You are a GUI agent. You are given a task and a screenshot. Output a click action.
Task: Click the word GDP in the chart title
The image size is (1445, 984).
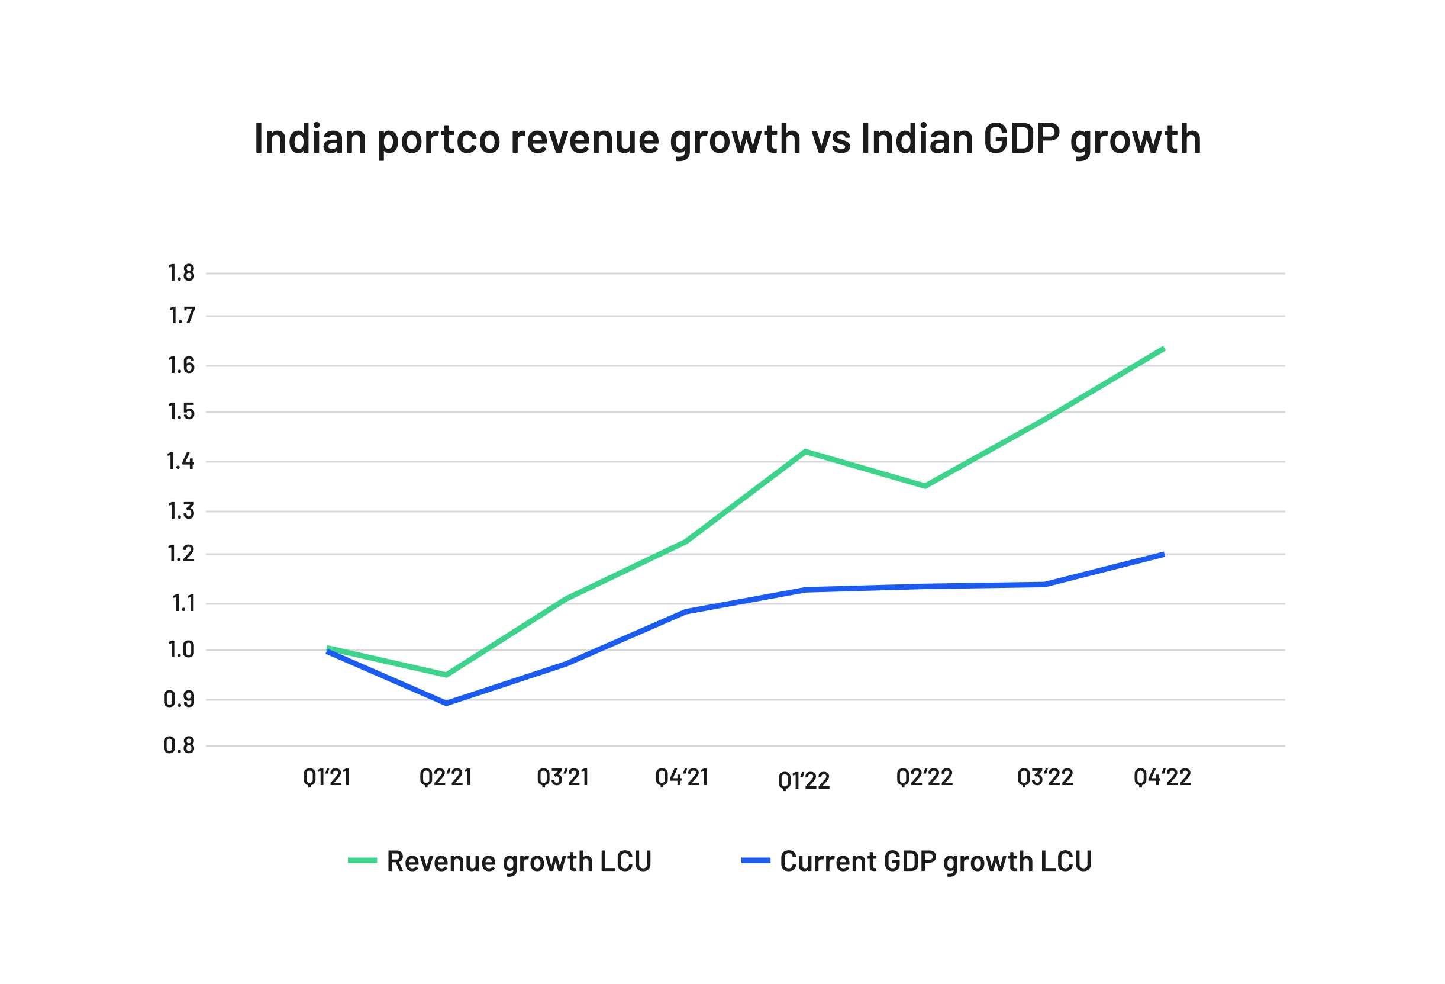[1021, 139]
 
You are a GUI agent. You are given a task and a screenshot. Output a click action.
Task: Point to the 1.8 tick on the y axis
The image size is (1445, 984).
[181, 273]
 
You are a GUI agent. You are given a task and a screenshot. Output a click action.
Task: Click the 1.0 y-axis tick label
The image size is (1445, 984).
[180, 651]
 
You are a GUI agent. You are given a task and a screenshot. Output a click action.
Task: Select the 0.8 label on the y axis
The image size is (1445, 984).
[179, 746]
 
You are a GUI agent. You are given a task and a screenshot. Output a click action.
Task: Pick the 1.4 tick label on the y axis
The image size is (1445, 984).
[180, 462]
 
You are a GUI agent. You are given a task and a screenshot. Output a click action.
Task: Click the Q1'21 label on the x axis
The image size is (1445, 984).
[327, 777]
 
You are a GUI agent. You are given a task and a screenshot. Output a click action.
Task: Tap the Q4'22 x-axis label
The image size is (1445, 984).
[1162, 777]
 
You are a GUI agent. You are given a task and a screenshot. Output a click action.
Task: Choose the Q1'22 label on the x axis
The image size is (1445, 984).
[804, 780]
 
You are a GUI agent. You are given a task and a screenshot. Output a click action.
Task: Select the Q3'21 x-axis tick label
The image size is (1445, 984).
[563, 777]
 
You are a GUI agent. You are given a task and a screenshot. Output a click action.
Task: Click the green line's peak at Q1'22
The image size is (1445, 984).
[805, 452]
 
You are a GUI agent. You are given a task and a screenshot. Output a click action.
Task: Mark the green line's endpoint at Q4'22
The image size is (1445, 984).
[1163, 349]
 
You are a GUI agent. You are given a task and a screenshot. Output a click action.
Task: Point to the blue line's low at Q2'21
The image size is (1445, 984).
[446, 703]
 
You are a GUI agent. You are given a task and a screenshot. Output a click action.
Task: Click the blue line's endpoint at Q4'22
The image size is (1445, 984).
[1163, 554]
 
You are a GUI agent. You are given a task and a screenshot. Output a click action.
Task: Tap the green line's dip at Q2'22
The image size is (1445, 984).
[925, 485]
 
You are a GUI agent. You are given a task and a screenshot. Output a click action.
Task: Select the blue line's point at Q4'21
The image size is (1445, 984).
[685, 612]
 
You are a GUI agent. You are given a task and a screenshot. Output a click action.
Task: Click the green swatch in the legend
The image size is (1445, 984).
[363, 861]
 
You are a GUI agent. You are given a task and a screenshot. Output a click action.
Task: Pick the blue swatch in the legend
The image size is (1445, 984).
[756, 861]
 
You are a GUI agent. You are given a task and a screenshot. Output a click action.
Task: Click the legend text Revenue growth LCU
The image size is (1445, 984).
[518, 862]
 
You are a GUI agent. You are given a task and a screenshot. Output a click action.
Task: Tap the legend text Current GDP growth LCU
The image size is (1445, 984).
[936, 862]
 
